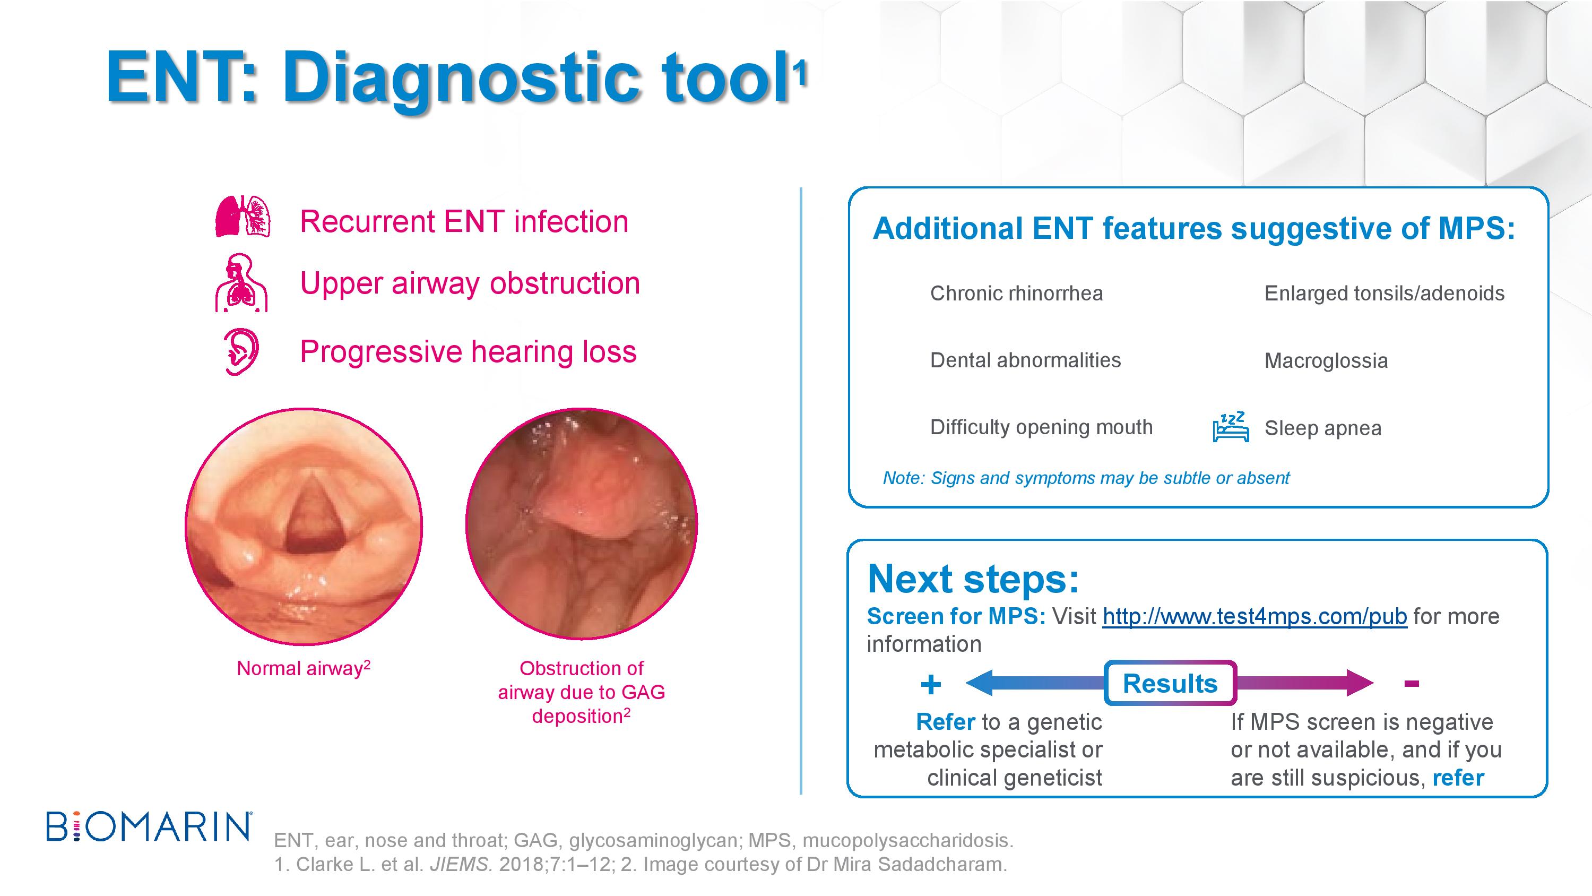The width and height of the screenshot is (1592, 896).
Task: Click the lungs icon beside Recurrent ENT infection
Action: click(x=243, y=217)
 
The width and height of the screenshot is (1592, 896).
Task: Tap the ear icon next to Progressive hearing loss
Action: click(x=241, y=352)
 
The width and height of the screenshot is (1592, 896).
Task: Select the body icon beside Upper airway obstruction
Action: click(x=241, y=282)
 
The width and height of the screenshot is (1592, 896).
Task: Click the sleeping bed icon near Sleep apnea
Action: click(x=1231, y=427)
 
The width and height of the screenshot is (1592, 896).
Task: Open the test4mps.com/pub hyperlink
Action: click(x=1254, y=616)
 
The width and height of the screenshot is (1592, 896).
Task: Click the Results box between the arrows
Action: click(x=1170, y=683)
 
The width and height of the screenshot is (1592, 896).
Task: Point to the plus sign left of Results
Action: click(x=931, y=684)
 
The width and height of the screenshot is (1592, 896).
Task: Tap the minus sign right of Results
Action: click(x=1411, y=683)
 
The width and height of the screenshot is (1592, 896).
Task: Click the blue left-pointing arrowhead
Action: click(x=979, y=683)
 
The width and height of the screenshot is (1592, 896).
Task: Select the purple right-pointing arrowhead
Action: click(x=1360, y=683)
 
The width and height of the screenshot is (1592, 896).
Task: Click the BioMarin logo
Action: click(x=149, y=827)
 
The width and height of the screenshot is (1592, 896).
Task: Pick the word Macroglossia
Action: click(x=1326, y=360)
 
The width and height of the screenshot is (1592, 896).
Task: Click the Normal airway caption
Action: click(x=304, y=668)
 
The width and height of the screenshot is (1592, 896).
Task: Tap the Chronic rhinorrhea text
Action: click(x=1017, y=293)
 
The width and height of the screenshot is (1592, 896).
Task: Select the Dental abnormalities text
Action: click(x=1025, y=360)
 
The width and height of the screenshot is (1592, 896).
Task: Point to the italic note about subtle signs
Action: click(x=1086, y=478)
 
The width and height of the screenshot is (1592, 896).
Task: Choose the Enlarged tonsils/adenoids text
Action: click(x=1385, y=293)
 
